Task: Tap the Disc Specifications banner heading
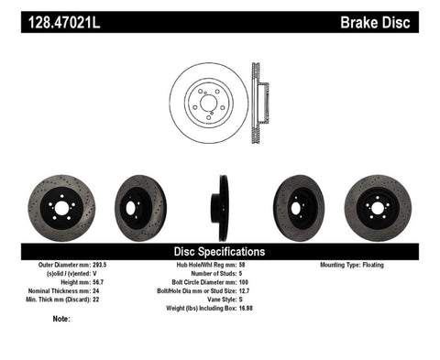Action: [219, 251]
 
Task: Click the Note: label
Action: [62, 319]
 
